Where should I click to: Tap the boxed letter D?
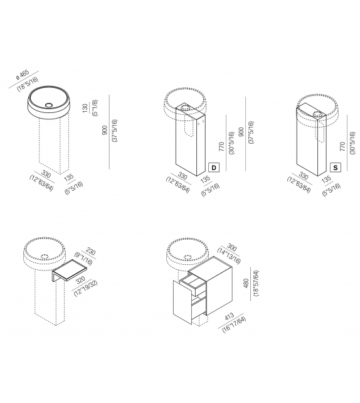click(x=214, y=168)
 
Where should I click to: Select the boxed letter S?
click(x=336, y=168)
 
